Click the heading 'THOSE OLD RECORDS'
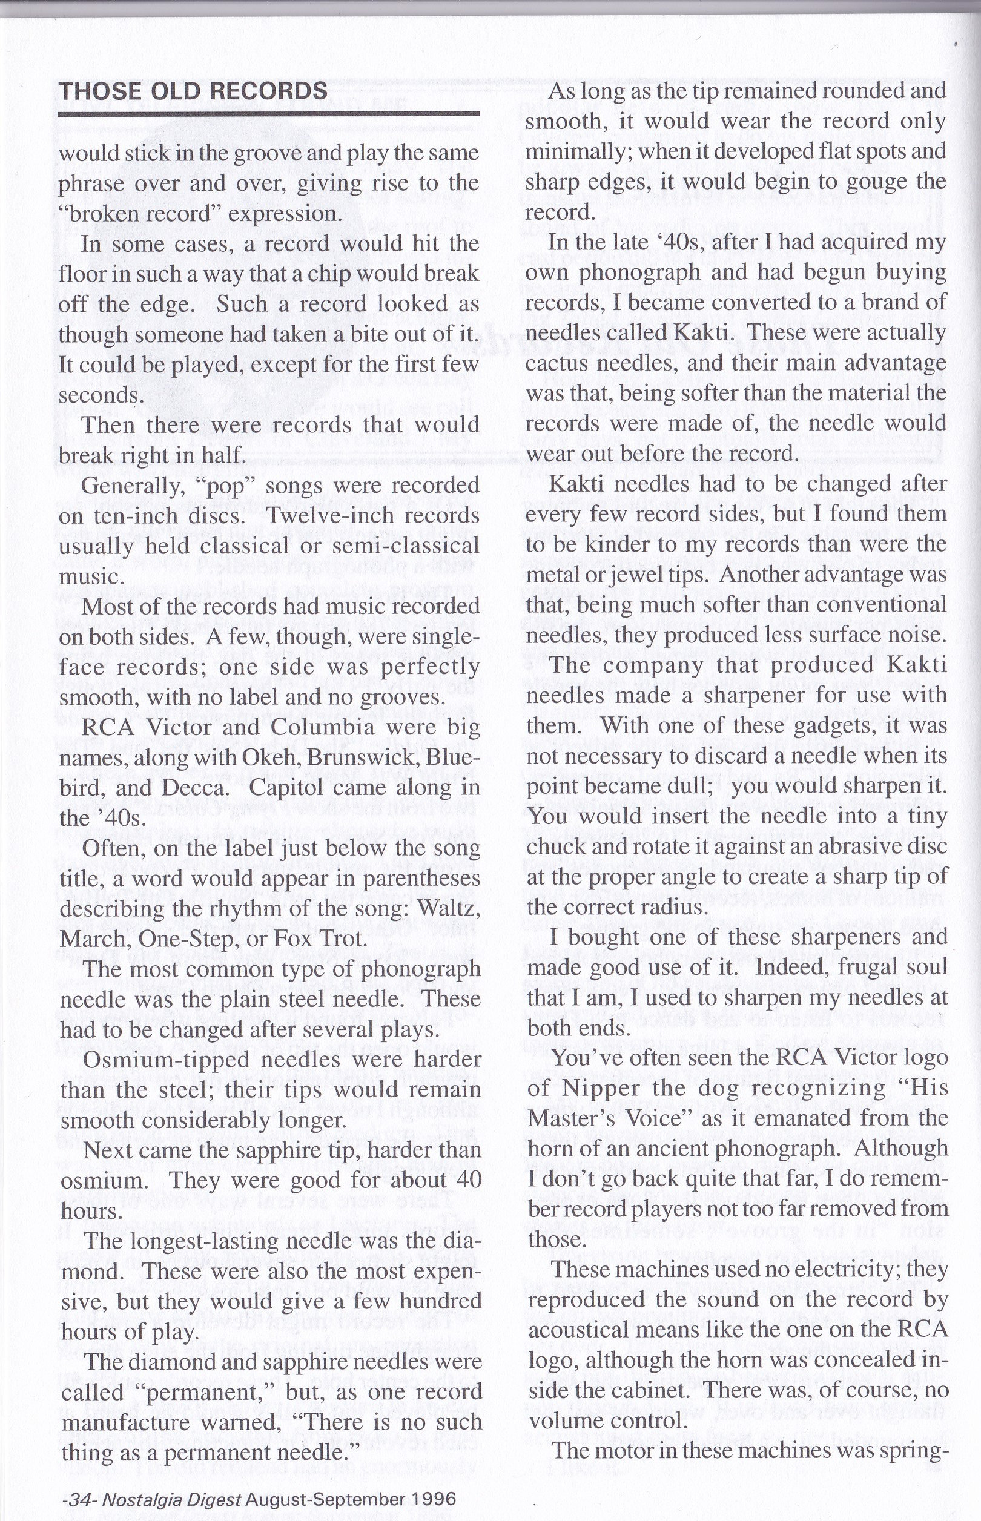(x=193, y=91)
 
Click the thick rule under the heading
(x=268, y=113)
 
